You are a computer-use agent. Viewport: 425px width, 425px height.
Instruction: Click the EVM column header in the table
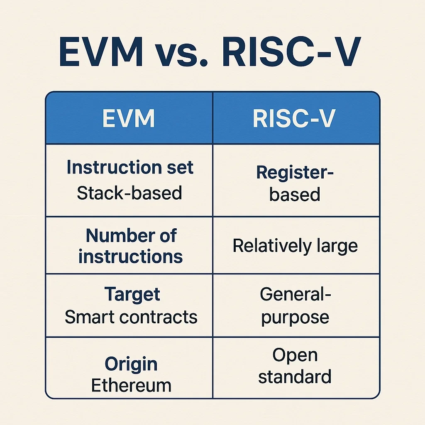(129, 118)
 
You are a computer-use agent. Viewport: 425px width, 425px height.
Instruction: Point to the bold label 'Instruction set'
(130, 168)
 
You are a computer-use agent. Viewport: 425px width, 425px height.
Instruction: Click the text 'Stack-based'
(129, 193)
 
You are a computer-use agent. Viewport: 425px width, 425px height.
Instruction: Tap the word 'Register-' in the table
(295, 172)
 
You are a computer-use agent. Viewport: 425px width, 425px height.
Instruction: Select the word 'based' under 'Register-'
(295, 194)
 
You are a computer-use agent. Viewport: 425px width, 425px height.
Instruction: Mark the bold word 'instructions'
(130, 256)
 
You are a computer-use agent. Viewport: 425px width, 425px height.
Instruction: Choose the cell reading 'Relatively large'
(295, 246)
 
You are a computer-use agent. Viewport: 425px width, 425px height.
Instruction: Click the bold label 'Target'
(132, 295)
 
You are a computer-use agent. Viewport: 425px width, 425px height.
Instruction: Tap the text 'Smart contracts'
(131, 318)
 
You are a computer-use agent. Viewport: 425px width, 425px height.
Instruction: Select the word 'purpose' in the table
(295, 318)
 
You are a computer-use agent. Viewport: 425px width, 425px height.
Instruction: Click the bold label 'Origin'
(131, 364)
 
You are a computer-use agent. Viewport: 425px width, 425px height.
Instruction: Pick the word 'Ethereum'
(131, 386)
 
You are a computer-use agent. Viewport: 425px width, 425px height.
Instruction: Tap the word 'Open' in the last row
(295, 355)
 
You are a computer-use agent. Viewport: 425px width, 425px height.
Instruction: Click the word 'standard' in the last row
(295, 377)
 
